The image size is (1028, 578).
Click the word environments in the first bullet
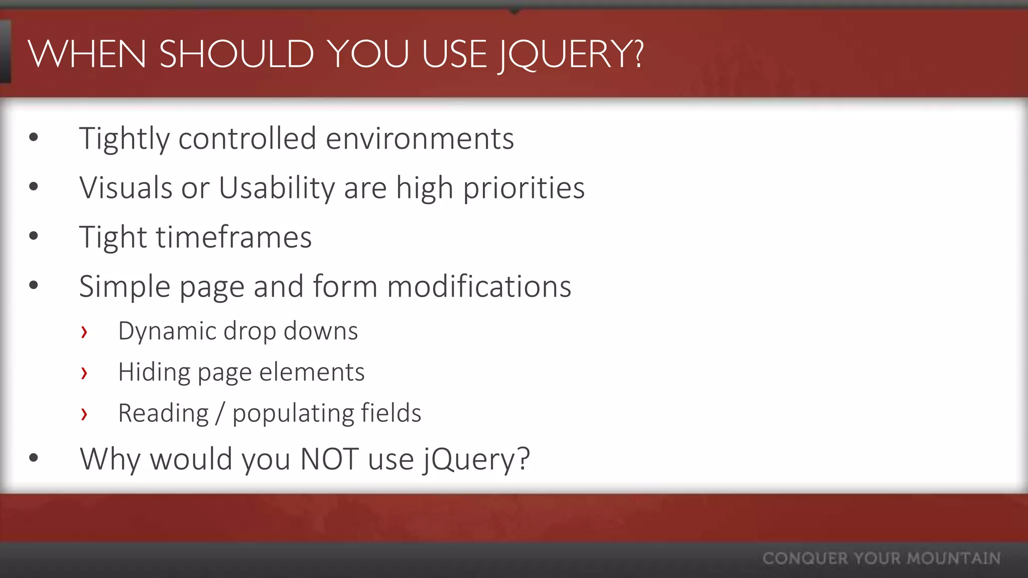point(420,138)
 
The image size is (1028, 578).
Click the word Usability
point(277,188)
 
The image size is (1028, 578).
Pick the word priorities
point(524,188)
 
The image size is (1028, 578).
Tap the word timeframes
point(233,237)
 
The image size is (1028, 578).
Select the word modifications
point(479,286)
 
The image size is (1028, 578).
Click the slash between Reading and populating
point(220,413)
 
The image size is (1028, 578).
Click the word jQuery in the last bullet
point(476,459)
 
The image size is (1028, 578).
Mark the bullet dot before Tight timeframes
point(34,236)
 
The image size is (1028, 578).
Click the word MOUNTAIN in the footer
point(953,558)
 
